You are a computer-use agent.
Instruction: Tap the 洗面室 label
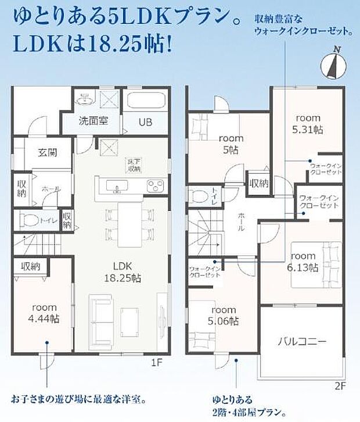(93, 121)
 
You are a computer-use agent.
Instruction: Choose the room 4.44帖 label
(44, 313)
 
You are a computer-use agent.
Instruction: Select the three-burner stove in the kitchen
(156, 186)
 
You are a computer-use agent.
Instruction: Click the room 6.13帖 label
(304, 262)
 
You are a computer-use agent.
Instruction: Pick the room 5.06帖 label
(224, 315)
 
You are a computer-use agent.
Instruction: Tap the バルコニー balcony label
(301, 341)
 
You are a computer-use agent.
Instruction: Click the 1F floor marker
(156, 363)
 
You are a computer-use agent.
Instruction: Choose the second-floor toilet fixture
(199, 195)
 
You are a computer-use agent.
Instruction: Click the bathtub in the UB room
(145, 102)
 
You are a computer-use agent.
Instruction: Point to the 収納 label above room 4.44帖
(30, 266)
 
